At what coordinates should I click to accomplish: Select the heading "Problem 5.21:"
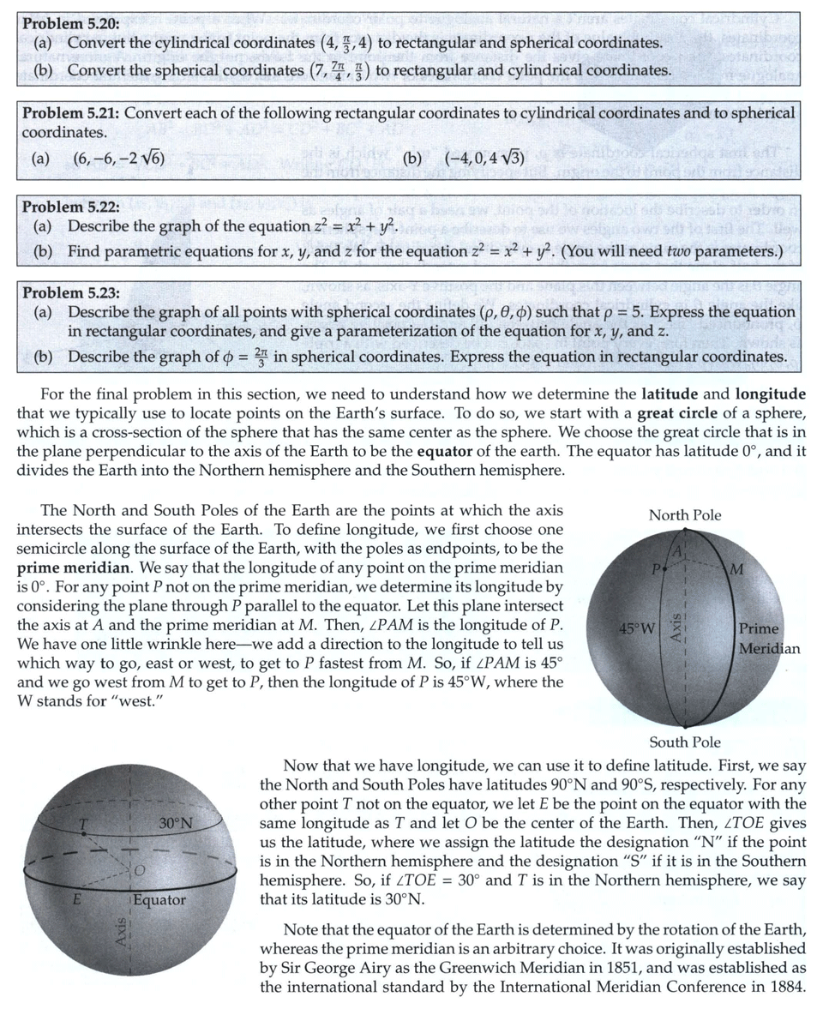(x=71, y=113)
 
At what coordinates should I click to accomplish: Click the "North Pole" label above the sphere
(x=684, y=515)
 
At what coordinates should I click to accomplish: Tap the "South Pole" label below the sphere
(x=684, y=742)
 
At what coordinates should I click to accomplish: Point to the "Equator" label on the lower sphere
(x=159, y=900)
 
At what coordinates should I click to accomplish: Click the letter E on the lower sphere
(x=76, y=901)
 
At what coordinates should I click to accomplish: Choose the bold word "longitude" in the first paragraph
(x=771, y=394)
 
